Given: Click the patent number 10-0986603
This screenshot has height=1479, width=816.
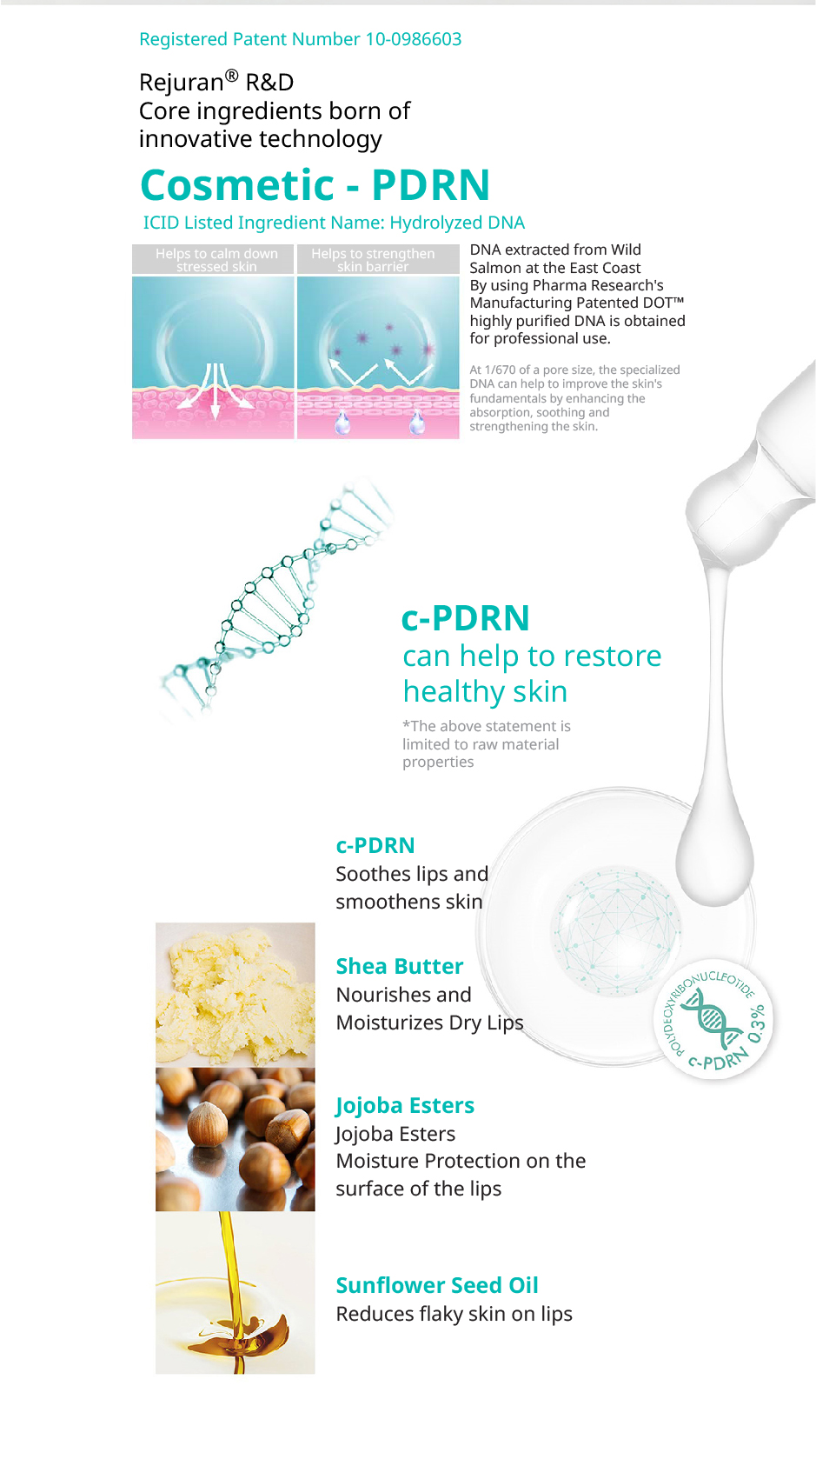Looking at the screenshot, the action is [x=414, y=40].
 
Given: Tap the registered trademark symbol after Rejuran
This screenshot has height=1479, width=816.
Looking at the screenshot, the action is [x=231, y=76].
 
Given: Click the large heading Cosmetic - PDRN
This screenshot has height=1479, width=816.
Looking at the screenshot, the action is [x=315, y=184].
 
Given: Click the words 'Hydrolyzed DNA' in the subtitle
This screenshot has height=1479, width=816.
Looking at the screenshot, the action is [x=457, y=223].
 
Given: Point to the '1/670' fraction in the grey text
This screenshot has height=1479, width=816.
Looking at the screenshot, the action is [x=500, y=370].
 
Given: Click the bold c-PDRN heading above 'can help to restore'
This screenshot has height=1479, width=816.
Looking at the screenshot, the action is [x=466, y=618].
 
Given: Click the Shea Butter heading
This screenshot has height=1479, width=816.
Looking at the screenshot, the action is [x=400, y=966].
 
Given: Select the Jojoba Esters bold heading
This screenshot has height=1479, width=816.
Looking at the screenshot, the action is [x=405, y=1105].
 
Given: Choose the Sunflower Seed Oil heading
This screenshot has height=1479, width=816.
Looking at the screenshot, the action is [x=437, y=1285].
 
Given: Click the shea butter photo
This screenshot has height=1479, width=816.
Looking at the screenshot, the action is [x=236, y=995].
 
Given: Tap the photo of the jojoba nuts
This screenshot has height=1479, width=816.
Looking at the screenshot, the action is [x=236, y=1140].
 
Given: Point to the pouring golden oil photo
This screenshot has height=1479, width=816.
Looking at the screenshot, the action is [x=236, y=1293].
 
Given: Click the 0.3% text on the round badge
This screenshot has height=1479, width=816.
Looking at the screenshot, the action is [x=757, y=1024].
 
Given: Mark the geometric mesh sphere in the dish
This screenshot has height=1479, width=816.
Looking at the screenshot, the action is [x=616, y=931].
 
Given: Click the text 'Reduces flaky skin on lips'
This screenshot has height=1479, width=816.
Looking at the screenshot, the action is [x=454, y=1314].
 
